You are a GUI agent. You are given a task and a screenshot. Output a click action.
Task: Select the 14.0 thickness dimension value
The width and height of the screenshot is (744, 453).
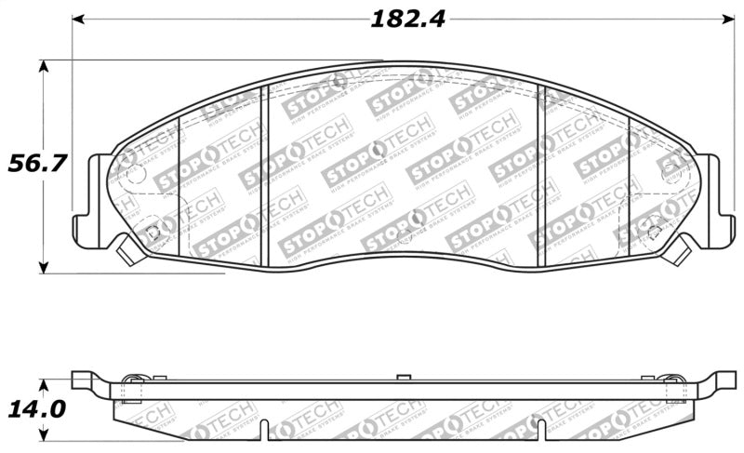click(x=36, y=410)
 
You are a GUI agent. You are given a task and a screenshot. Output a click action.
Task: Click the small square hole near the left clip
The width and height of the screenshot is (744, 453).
click(x=153, y=232)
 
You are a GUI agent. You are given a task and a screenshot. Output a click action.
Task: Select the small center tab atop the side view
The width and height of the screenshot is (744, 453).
click(x=403, y=376)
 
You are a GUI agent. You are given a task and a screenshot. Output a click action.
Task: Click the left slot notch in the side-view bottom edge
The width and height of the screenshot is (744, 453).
click(x=266, y=430)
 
